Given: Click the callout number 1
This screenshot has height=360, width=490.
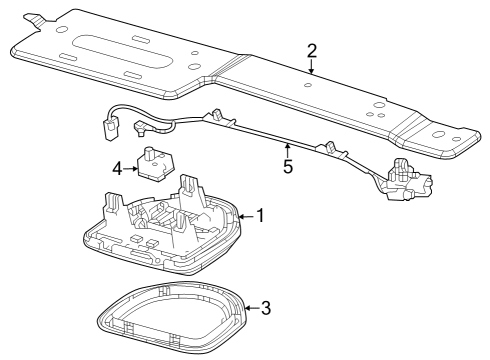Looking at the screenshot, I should click(260, 215).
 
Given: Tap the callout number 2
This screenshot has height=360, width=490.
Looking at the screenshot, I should click(312, 50).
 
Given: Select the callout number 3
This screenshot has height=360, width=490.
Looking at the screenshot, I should click(265, 307).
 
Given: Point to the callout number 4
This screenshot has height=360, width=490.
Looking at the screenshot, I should click(116, 169).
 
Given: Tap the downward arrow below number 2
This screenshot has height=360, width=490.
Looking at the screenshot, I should click(312, 67).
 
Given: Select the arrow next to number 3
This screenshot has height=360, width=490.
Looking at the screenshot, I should click(251, 307).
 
